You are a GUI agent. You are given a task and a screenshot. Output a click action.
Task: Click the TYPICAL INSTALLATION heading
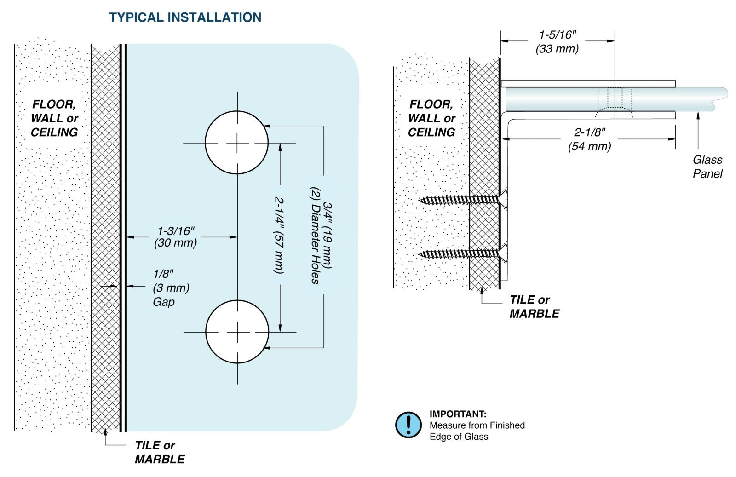tap(185, 17)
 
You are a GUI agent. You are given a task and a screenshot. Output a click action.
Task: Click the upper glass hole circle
tap(236, 143)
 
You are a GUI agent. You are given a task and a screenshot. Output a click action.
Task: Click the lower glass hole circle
tap(237, 332)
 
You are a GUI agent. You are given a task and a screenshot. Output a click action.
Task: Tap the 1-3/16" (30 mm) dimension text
tap(176, 236)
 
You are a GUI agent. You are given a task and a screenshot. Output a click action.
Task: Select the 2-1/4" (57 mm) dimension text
tap(279, 235)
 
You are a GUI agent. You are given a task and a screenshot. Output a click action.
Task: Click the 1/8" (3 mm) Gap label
tap(170, 288)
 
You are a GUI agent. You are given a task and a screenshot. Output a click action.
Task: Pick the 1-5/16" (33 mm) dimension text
tap(557, 42)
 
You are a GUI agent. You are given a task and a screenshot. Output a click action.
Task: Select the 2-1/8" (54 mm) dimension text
tap(589, 139)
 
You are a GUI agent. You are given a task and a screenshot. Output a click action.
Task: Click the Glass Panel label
tap(707, 167)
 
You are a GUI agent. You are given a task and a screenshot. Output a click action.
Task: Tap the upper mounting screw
tap(462, 200)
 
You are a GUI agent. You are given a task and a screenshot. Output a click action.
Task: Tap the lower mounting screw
tap(462, 254)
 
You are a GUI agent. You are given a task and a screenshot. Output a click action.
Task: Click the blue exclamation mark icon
tap(408, 425)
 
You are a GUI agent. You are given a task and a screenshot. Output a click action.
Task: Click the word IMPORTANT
tap(458, 414)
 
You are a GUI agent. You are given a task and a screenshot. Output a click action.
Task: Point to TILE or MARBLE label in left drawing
tap(160, 452)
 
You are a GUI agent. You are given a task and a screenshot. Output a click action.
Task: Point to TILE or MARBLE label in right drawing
tap(534, 307)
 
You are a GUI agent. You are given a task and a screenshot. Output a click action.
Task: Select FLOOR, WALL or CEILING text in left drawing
tap(54, 118)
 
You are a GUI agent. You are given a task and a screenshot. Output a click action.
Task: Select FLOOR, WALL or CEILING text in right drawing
tap(431, 118)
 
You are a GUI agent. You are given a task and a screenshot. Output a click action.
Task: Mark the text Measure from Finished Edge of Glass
tap(477, 431)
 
